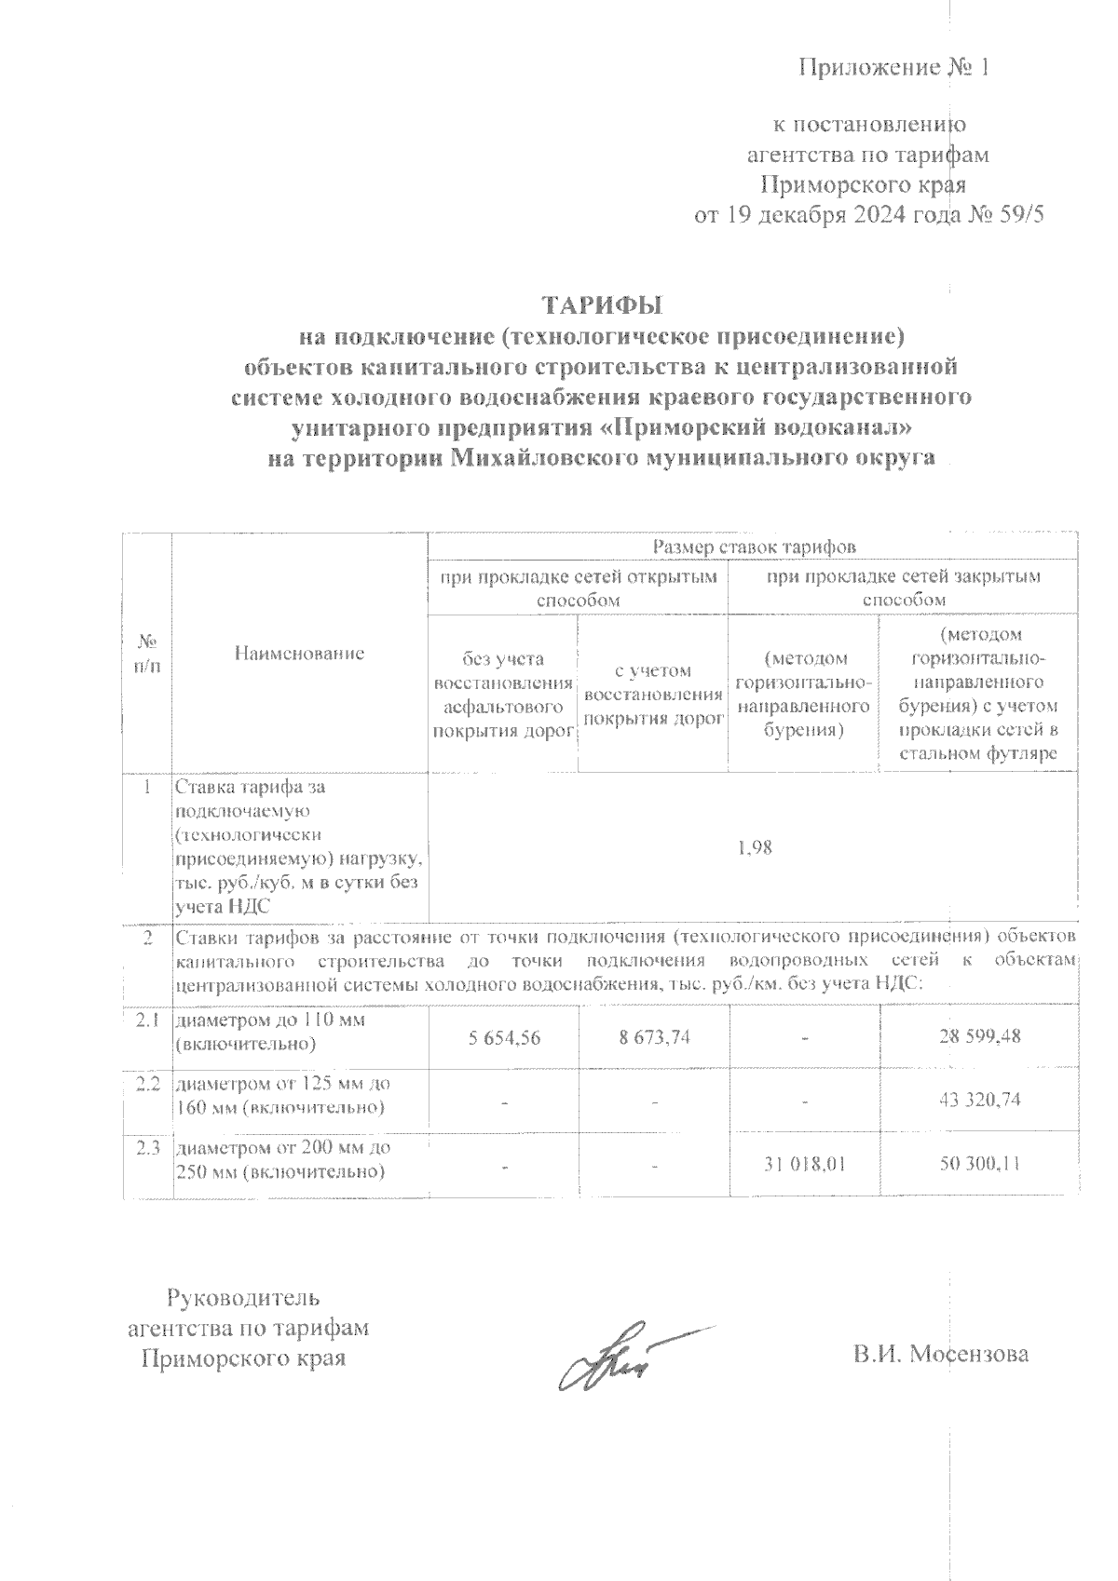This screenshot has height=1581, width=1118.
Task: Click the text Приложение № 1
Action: pyautogui.click(x=892, y=68)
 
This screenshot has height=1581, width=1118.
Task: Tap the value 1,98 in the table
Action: pyautogui.click(x=753, y=847)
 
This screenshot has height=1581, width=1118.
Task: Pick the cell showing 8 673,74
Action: pyautogui.click(x=654, y=1035)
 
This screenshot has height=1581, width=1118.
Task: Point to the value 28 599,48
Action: pyautogui.click(x=980, y=1035)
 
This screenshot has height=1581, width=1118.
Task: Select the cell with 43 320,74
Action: pyautogui.click(x=980, y=1100)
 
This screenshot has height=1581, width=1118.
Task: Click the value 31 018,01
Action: pyautogui.click(x=804, y=1164)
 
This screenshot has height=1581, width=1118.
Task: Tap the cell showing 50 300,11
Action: pyautogui.click(x=980, y=1164)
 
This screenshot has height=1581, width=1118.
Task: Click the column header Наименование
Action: pyautogui.click(x=298, y=654)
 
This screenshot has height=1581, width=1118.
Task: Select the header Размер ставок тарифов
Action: pyautogui.click(x=753, y=547)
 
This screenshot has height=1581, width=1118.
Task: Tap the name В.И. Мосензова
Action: pyautogui.click(x=941, y=1354)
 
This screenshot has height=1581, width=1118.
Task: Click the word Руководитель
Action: pyautogui.click(x=243, y=1297)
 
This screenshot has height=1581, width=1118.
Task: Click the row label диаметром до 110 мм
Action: pyautogui.click(x=270, y=1021)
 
